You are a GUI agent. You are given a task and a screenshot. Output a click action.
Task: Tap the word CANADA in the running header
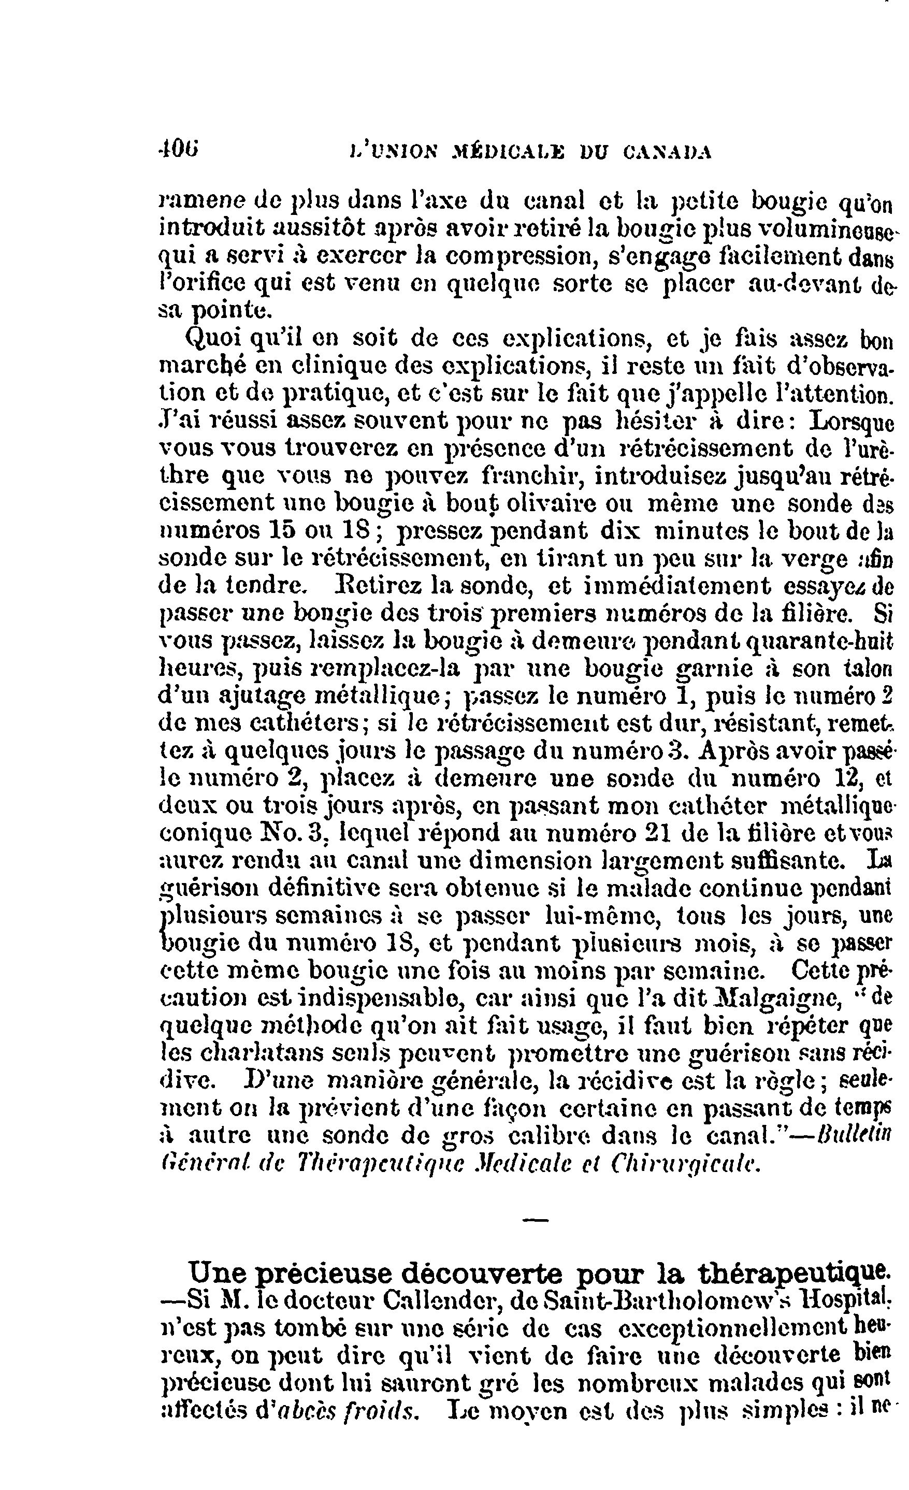tap(667, 152)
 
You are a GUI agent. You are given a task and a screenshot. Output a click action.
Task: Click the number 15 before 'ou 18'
tap(279, 530)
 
